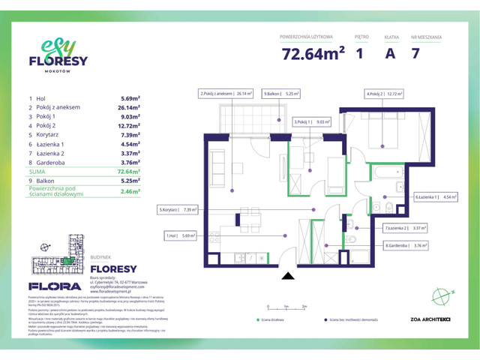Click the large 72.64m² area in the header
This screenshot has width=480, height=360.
click(x=313, y=54)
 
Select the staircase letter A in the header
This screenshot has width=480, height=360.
click(x=389, y=54)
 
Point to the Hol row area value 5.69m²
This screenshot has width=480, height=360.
click(x=130, y=98)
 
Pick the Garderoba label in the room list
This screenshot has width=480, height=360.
click(x=53, y=161)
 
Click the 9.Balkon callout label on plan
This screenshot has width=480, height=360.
click(x=281, y=94)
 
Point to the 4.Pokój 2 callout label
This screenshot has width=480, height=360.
click(x=385, y=94)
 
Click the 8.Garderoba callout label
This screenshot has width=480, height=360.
click(x=406, y=245)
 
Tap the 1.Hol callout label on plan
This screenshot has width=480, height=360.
click(x=180, y=235)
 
